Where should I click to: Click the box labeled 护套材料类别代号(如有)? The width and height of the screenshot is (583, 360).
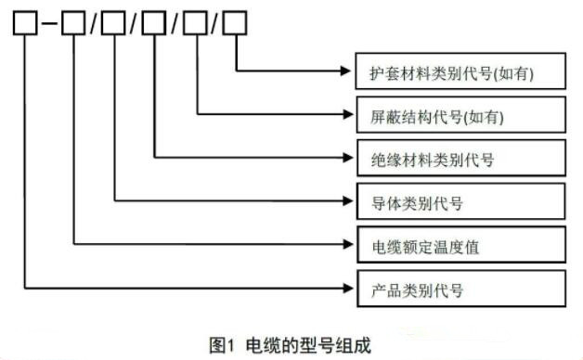pos(460,71)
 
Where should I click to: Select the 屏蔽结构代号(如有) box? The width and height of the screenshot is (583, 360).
pos(460,116)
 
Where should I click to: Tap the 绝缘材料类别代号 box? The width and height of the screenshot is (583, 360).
pos(460,159)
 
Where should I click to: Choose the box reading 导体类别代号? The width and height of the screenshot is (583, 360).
pos(460,201)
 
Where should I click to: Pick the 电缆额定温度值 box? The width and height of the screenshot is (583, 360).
pos(460,246)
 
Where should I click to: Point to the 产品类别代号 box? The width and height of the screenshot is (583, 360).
pos(460,289)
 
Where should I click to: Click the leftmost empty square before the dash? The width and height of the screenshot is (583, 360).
pos(25,22)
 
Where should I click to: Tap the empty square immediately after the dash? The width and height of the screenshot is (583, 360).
pos(73,22)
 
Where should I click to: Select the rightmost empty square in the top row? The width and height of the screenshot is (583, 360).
pos(236,22)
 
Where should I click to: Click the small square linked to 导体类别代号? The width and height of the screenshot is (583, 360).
pos(113,22)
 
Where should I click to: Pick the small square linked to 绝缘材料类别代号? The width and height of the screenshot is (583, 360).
pos(154,22)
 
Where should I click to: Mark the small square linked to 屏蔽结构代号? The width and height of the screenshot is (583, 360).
pos(195,22)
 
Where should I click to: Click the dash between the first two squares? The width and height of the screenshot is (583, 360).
pos(49,23)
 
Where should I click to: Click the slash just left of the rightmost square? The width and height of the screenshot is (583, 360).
pos(215,23)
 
